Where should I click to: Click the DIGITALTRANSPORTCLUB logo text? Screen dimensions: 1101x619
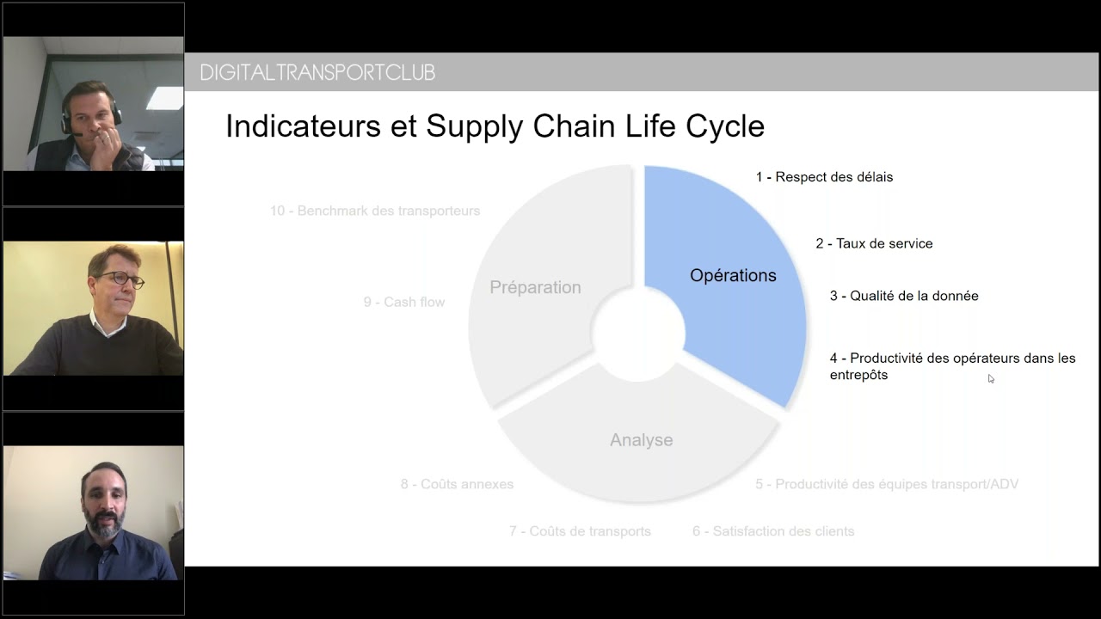pos(317,73)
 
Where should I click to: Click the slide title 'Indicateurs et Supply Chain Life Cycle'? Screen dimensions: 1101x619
pos(495,126)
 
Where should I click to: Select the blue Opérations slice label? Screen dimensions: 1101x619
pos(733,276)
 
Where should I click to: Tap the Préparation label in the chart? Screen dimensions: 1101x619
pos(535,287)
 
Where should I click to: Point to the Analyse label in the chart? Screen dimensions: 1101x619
pos(642,440)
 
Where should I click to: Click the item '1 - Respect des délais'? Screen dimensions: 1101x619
pos(824,177)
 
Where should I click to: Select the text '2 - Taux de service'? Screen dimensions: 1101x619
pos(874,243)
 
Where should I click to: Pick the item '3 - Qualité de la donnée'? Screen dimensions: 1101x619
pos(904,296)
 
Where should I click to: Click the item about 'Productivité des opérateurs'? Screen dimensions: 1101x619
pos(952,366)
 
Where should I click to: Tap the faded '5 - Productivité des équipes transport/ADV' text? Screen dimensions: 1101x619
pos(887,484)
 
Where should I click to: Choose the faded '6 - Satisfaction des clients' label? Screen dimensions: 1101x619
pos(773,531)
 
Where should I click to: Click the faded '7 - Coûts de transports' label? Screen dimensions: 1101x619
pos(580,531)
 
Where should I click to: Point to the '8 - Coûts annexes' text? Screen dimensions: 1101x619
pos(457,484)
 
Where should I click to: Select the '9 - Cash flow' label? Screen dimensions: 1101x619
pos(404,302)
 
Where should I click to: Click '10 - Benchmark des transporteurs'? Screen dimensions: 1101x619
pos(375,211)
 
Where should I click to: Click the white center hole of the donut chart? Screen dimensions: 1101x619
pos(638,334)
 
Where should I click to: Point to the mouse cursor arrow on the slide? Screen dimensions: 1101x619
pos(991,379)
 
